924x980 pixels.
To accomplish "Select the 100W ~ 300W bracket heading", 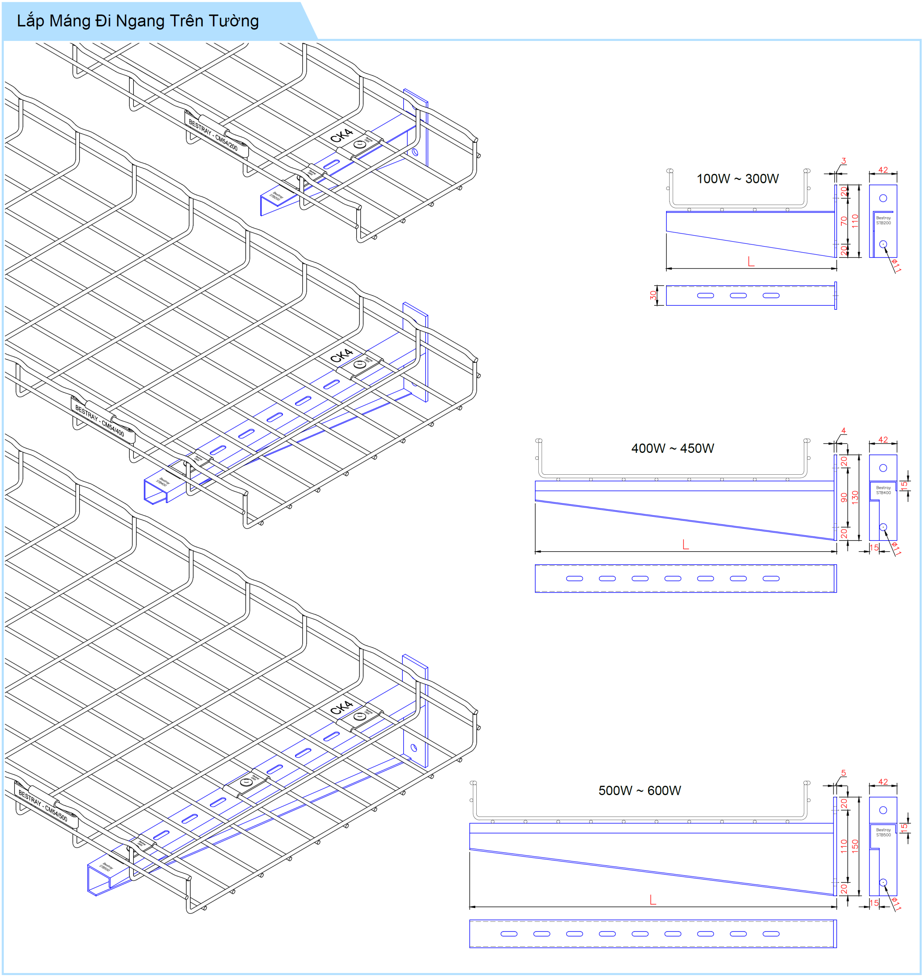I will (x=737, y=178).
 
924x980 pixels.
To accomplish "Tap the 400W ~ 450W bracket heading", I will (x=672, y=448).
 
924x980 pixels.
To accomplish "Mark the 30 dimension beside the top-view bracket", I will (x=653, y=295).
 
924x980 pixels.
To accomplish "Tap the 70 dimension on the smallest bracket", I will (x=844, y=221).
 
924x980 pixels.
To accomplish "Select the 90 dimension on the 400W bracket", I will (x=844, y=497).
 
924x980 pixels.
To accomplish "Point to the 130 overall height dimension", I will (x=855, y=496).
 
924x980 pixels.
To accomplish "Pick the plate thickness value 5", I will (x=843, y=773).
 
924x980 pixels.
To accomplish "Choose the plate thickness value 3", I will (x=843, y=161).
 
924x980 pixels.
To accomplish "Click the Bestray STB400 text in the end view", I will (x=883, y=490).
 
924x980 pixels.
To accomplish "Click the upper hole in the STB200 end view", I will (x=883, y=198).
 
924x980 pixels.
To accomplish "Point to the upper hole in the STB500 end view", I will (x=883, y=810).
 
